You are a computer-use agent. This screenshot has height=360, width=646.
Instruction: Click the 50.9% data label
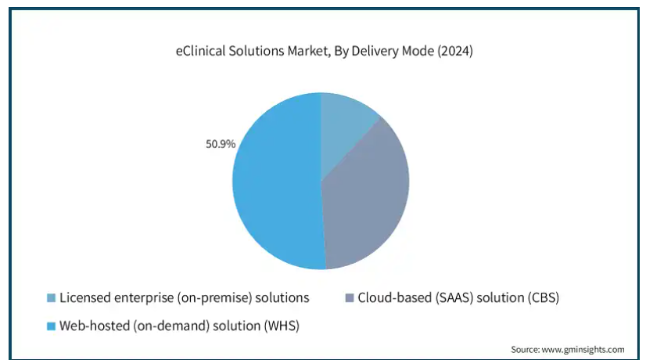[x=221, y=144]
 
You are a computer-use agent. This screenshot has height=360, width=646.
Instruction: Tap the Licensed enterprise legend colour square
[x=51, y=297]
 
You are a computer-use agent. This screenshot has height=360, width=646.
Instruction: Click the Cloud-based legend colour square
[x=350, y=297]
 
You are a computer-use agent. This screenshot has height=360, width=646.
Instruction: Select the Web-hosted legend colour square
[x=51, y=326]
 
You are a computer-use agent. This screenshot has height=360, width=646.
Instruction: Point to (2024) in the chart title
[x=455, y=51]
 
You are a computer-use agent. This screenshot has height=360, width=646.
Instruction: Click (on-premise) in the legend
[x=214, y=297]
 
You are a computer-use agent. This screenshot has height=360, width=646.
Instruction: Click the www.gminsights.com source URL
[x=583, y=350]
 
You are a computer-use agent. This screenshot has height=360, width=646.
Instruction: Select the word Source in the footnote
[x=526, y=350]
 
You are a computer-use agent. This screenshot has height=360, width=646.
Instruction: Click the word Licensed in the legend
[x=85, y=297]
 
